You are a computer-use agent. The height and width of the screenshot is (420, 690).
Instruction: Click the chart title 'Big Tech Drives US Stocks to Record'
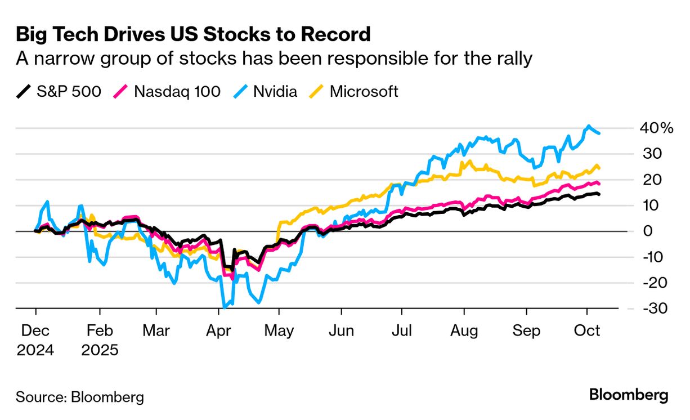tap(193, 34)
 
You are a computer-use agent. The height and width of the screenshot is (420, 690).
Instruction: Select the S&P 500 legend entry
tap(59, 91)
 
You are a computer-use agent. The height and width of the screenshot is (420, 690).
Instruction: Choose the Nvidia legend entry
tap(265, 91)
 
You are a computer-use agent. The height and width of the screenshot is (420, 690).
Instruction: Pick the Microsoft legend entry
tap(353, 91)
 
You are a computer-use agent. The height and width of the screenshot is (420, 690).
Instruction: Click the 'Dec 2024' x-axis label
tap(35, 340)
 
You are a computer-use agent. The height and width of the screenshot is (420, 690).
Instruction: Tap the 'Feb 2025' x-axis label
tap(100, 340)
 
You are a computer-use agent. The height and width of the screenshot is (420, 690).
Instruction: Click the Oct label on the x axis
tap(588, 330)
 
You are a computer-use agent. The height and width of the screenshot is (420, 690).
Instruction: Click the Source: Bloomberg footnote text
tap(79, 397)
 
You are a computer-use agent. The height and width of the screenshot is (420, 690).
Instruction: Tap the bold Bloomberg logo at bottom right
tap(629, 395)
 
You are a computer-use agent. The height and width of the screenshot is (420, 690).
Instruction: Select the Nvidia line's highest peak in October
tap(589, 126)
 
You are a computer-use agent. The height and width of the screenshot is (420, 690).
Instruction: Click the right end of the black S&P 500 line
tap(599, 194)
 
